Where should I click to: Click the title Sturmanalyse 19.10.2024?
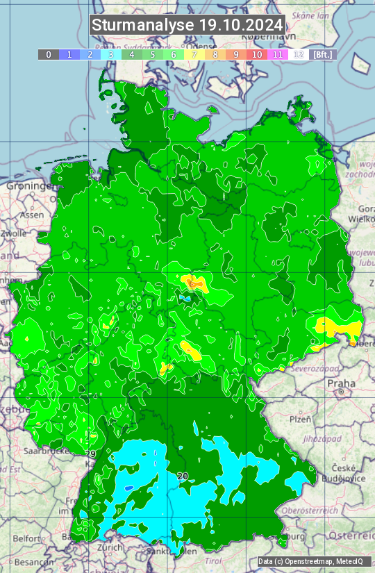(187, 25)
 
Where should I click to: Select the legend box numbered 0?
(49, 54)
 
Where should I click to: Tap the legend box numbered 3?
(111, 54)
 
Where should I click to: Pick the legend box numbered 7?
(194, 54)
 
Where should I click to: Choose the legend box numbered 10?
(257, 54)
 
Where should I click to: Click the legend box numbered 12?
(299, 54)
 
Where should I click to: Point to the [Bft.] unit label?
(322, 54)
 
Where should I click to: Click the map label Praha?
(342, 383)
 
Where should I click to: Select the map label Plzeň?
(300, 419)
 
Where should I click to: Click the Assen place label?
(31, 215)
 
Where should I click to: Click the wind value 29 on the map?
(90, 454)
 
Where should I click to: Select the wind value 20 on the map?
(183, 476)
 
